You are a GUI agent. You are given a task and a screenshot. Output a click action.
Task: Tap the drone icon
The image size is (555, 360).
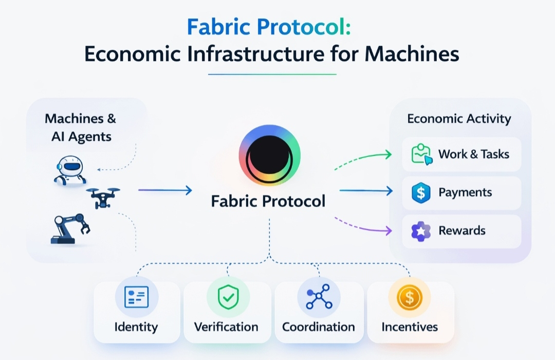(103, 196)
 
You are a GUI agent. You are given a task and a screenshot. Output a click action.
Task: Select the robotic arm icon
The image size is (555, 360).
(70, 228)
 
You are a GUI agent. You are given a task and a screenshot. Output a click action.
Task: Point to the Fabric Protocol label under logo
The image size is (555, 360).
(268, 201)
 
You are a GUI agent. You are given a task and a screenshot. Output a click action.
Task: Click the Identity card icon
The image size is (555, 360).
(136, 297)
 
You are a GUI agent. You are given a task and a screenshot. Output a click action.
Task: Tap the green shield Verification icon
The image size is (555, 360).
(227, 297)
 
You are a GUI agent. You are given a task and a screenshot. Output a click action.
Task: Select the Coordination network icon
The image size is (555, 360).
(319, 297)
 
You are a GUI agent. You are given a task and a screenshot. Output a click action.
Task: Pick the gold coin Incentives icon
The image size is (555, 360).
(410, 297)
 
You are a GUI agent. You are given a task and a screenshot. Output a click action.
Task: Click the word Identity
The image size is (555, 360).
(136, 327)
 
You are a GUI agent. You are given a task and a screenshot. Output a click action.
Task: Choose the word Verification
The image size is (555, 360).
(226, 327)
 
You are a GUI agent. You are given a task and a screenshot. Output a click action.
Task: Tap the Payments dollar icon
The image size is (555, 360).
(420, 193)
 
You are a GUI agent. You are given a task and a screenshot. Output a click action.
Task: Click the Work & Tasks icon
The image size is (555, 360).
(420, 154)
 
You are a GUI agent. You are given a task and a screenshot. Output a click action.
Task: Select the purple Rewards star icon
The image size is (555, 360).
(420, 231)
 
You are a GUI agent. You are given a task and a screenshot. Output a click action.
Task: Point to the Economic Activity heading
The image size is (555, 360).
(459, 119)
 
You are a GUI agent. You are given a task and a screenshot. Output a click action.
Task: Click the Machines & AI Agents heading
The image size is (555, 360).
(81, 127)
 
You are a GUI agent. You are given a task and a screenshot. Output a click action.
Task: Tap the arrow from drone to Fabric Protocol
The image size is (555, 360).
(164, 190)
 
